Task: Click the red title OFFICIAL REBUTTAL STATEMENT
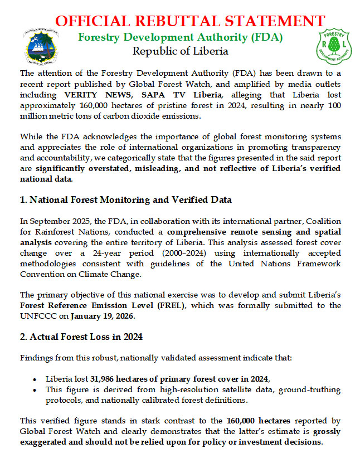click(190, 21)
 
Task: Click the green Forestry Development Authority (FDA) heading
click(180, 38)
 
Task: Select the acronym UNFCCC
click(36, 316)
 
